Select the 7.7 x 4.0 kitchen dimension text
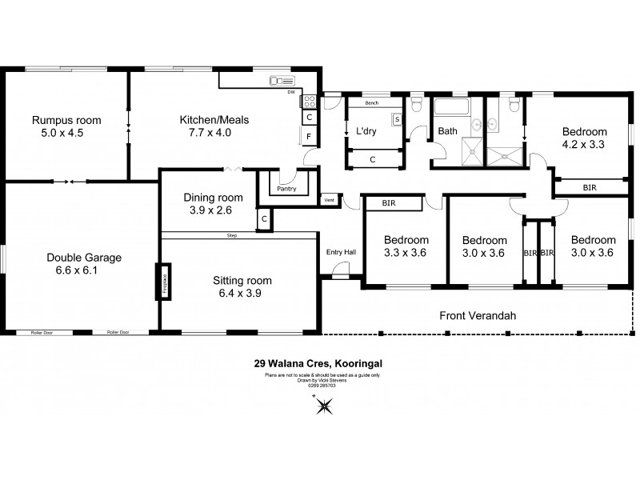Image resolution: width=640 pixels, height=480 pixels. (x=214, y=133)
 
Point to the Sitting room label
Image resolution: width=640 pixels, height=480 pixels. (x=242, y=280)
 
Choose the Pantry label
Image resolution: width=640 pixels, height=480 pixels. (x=286, y=190)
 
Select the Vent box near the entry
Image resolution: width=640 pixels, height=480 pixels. (x=329, y=199)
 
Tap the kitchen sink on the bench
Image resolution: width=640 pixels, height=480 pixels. (x=283, y=80)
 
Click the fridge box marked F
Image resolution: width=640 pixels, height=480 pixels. (x=308, y=138)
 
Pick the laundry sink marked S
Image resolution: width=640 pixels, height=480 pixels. (x=396, y=120)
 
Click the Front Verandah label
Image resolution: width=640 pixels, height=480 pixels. (x=478, y=316)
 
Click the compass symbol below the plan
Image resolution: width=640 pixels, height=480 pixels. (x=324, y=408)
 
